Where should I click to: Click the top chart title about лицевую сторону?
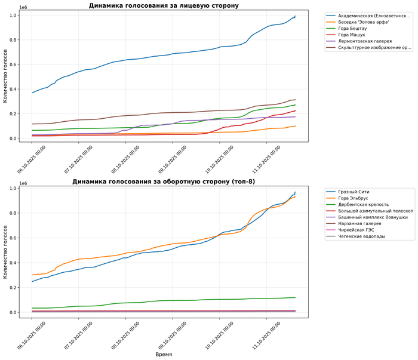pyautogui.click(x=164, y=5)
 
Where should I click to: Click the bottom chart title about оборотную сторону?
pyautogui.click(x=164, y=181)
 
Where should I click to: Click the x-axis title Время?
pyautogui.click(x=164, y=354)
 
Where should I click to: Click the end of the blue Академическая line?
pyautogui.click(x=295, y=16)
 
